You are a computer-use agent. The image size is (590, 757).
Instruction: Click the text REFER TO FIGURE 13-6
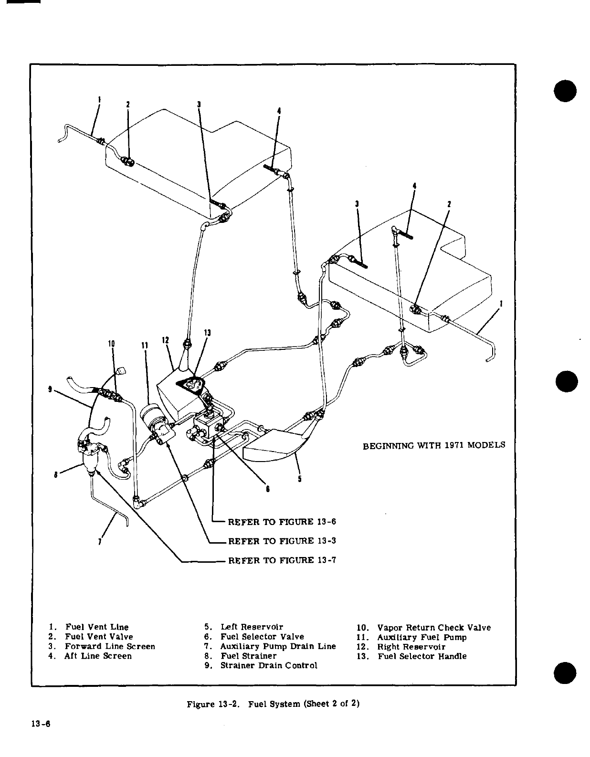tap(282, 521)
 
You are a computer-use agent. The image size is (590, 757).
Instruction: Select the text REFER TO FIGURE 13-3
tap(282, 541)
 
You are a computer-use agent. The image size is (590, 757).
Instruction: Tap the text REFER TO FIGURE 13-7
tap(282, 560)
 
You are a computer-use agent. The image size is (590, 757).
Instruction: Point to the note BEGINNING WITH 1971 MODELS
tap(433, 445)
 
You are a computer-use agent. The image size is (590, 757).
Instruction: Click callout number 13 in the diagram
tap(207, 333)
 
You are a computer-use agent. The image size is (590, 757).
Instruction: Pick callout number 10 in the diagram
tap(112, 343)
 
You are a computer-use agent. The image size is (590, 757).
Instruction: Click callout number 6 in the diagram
tap(268, 489)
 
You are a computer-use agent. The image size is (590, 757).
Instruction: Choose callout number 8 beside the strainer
tap(56, 474)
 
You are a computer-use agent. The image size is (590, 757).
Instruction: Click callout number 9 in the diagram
tap(51, 389)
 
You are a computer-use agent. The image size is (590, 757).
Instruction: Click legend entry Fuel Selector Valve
tap(262, 637)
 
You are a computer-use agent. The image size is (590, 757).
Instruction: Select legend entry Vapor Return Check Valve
tap(433, 628)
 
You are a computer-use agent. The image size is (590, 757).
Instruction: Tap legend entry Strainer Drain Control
tap(268, 665)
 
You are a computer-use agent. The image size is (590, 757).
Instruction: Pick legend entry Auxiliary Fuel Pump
tap(421, 637)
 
